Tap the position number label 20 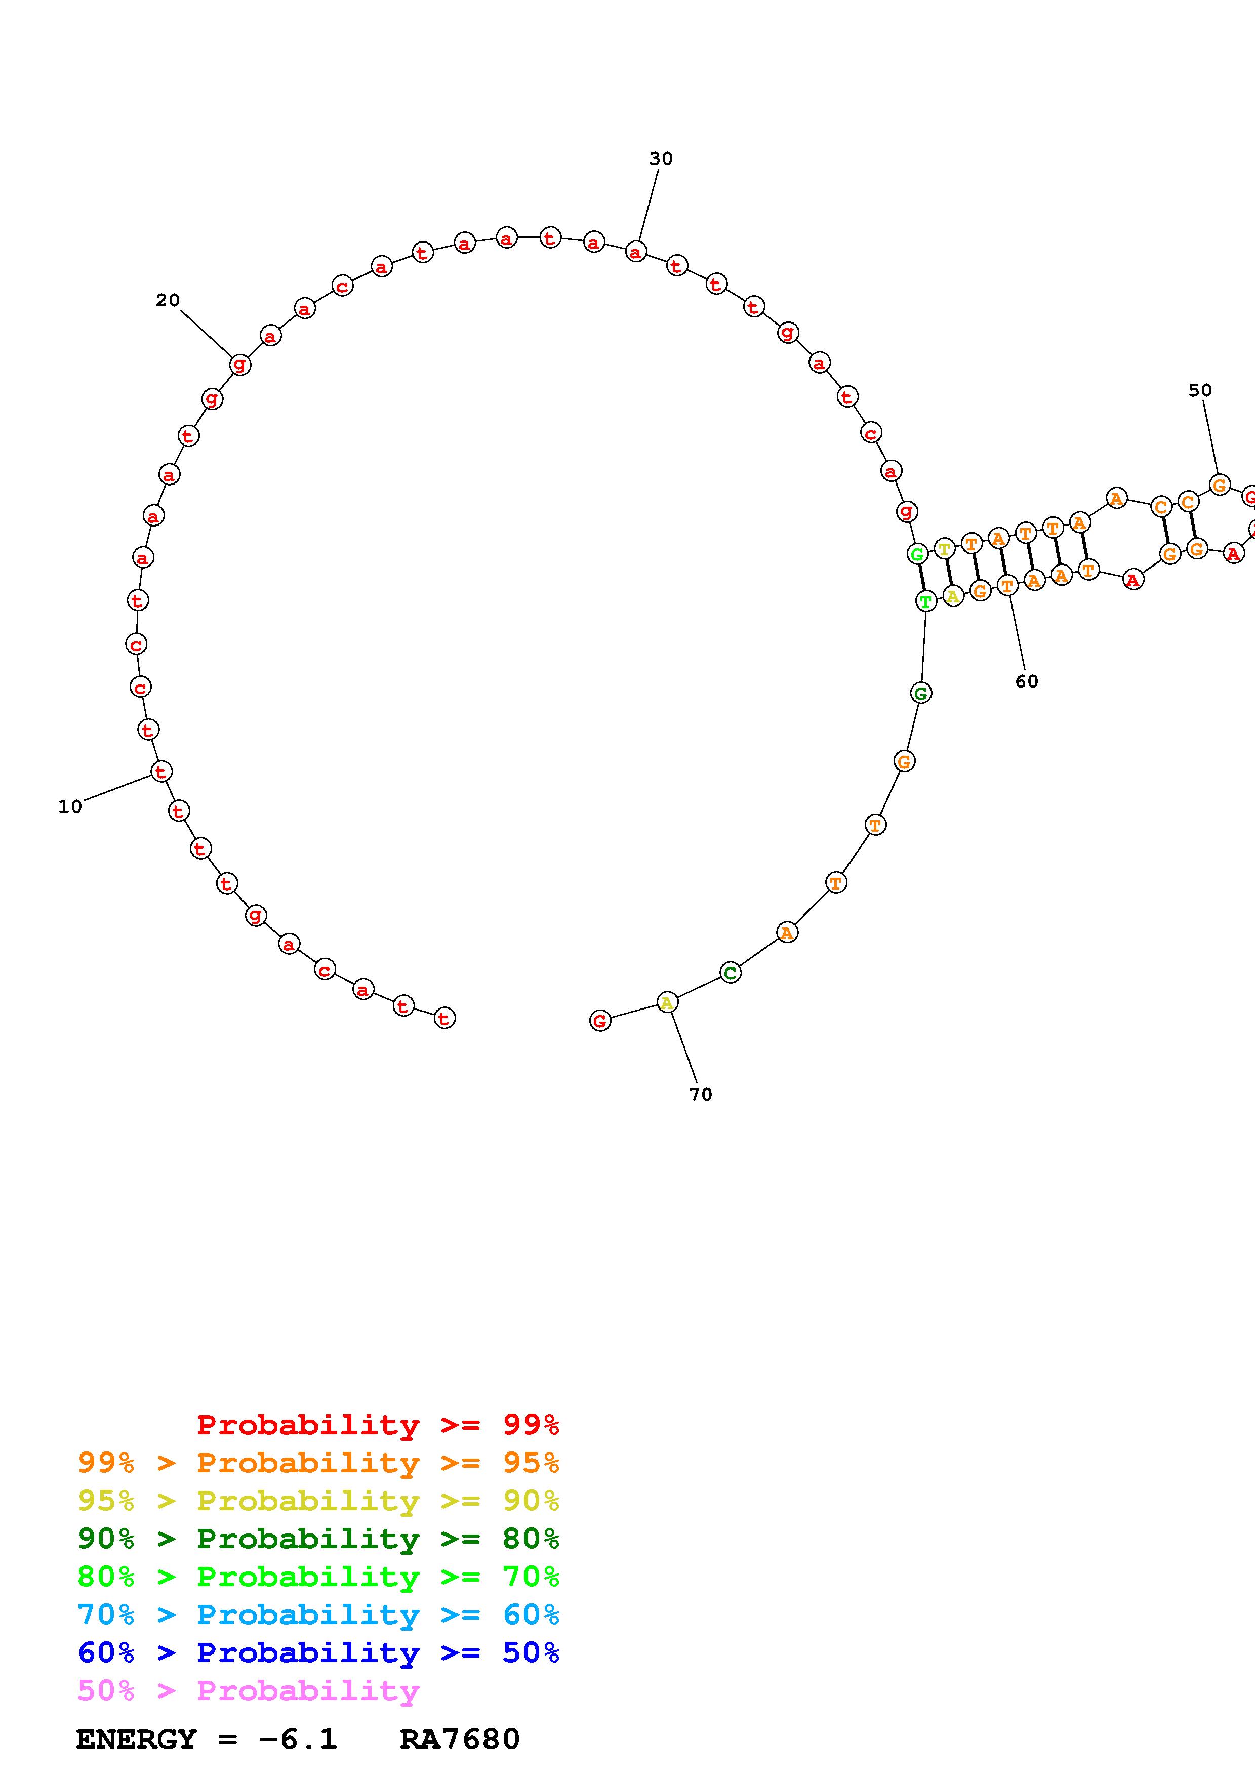point(167,300)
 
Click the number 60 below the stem point(1026,681)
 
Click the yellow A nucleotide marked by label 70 point(667,1003)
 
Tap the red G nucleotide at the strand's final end point(600,1021)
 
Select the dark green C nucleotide point(730,973)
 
